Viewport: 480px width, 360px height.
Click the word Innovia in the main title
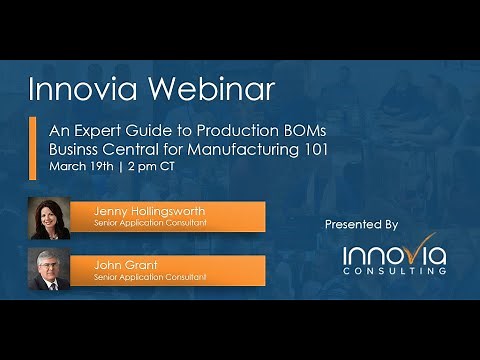tap(81, 89)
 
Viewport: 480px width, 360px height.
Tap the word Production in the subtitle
tap(204, 130)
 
